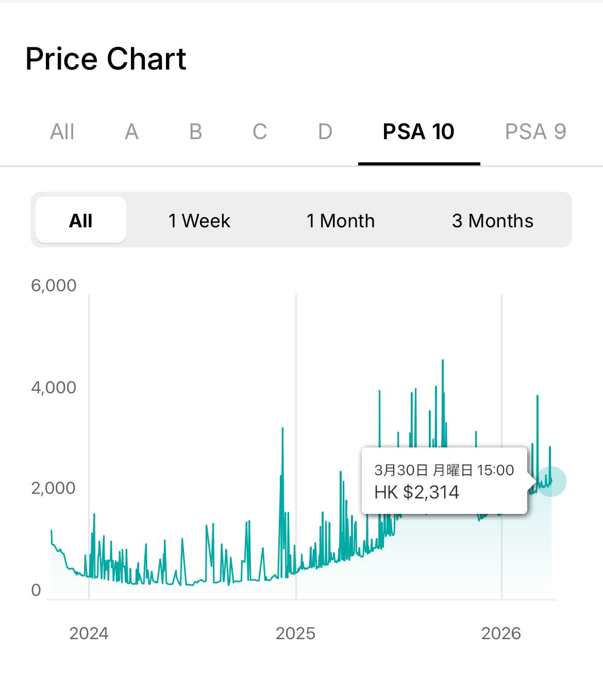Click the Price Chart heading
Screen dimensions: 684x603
(x=106, y=59)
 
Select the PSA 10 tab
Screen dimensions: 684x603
(x=418, y=132)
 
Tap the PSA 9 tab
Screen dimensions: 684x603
(x=535, y=132)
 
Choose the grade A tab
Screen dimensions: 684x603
(x=131, y=132)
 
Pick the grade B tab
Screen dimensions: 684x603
(x=196, y=132)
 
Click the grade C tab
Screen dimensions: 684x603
(x=260, y=132)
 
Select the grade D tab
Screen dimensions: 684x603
(x=325, y=132)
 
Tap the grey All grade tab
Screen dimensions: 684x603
(x=62, y=132)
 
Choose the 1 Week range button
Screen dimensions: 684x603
(x=199, y=221)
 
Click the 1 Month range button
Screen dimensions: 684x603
(x=341, y=221)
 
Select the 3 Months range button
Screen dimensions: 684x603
(x=493, y=221)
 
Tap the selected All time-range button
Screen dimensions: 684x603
(x=81, y=221)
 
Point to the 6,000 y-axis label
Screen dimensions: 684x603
(x=54, y=285)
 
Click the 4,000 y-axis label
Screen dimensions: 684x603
(x=54, y=387)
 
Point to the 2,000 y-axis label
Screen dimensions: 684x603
(x=54, y=488)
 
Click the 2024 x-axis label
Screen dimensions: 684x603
(x=89, y=633)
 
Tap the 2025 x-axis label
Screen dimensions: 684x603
(x=295, y=633)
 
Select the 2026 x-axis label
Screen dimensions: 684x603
(x=501, y=633)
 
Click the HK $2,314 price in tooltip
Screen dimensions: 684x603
(x=416, y=492)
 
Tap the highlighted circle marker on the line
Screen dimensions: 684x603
(x=551, y=481)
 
